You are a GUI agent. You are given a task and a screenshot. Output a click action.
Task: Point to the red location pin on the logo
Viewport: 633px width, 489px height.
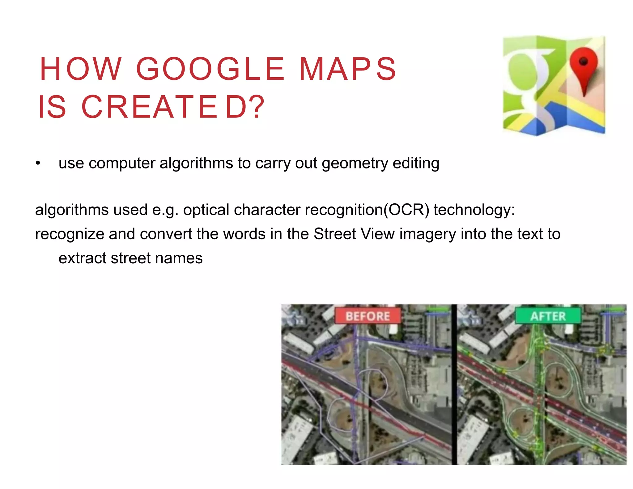(x=584, y=68)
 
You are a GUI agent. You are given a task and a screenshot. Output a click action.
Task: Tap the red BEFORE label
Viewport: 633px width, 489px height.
(x=367, y=316)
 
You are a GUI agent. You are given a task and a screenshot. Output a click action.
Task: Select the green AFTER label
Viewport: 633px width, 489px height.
(x=548, y=316)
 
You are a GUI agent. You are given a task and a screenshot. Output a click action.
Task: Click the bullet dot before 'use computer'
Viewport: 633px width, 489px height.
(x=38, y=163)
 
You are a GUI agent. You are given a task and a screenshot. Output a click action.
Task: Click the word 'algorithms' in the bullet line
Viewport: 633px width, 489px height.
(x=196, y=163)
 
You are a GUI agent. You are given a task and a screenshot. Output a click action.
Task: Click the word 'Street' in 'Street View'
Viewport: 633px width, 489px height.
(x=335, y=234)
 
